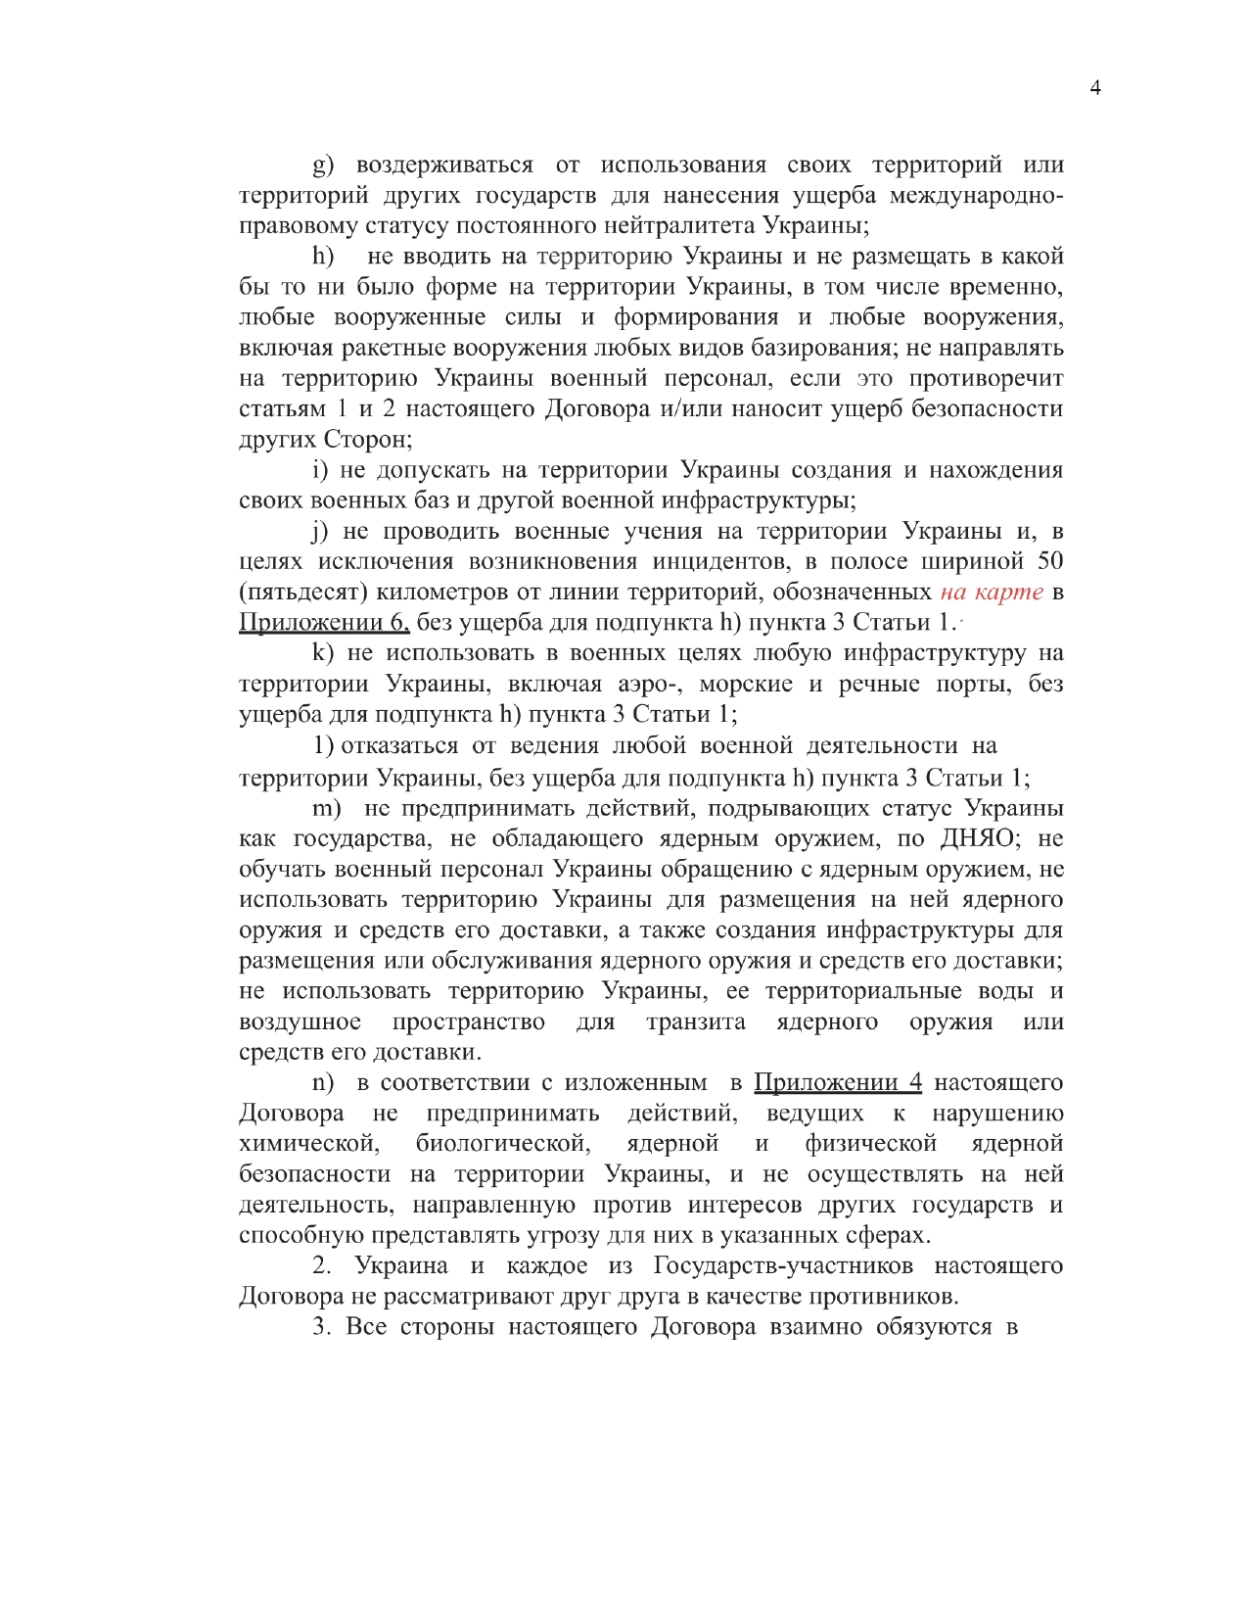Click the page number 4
coord(1095,88)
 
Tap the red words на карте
coord(992,592)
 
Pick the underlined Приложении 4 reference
coord(837,1082)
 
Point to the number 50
coord(1049,561)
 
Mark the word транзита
coord(695,1022)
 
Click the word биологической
coord(502,1143)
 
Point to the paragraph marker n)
coord(323,1083)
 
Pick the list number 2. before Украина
coord(323,1265)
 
